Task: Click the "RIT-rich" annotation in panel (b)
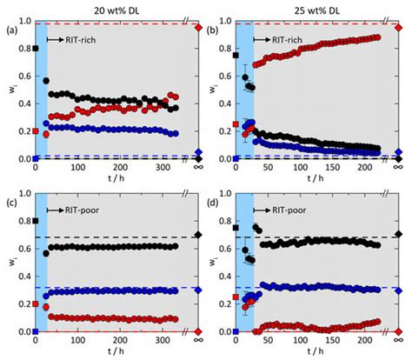[278, 40]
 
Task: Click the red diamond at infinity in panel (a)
[198, 25]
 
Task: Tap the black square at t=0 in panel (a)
[35, 48]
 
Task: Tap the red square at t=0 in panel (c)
[35, 304]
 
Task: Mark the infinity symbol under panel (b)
[399, 169]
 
